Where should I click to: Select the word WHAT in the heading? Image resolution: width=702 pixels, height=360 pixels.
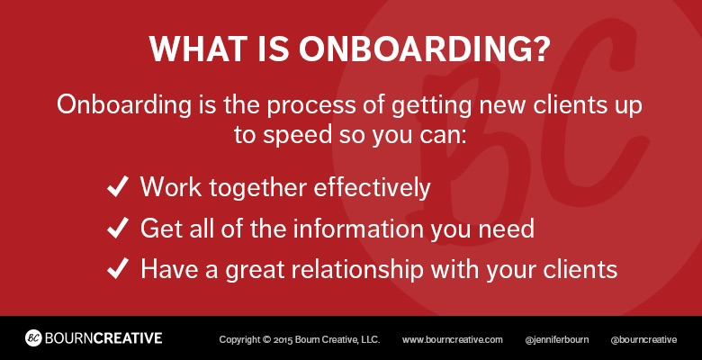(196, 48)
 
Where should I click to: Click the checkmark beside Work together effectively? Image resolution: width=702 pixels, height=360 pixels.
(118, 186)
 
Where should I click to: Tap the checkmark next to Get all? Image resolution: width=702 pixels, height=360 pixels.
(118, 228)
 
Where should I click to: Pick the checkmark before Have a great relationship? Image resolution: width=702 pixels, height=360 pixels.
(118, 269)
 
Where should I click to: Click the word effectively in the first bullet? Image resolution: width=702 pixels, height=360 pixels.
(372, 187)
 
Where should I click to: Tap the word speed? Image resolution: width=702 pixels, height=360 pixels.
(297, 135)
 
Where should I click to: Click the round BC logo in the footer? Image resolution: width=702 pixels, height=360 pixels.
(33, 338)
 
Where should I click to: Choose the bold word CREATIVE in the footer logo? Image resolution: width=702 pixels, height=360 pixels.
(128, 338)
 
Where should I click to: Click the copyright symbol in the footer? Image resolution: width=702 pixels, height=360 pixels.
(266, 340)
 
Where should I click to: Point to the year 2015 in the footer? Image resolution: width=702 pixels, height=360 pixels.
(283, 340)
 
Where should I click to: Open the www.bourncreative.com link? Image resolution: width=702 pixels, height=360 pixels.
(452, 340)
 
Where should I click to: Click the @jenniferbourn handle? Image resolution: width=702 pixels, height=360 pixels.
(556, 340)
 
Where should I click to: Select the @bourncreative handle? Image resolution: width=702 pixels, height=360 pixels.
(643, 340)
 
